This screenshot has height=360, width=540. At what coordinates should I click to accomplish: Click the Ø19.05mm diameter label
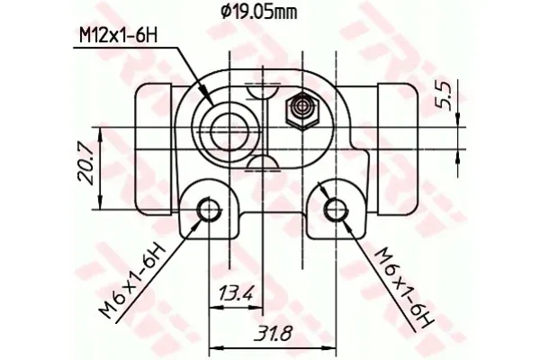click(x=259, y=12)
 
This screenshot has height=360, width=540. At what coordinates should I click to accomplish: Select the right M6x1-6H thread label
click(x=401, y=282)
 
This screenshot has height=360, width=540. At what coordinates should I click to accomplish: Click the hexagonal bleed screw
click(x=301, y=112)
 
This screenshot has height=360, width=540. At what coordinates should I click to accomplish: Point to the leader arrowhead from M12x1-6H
click(x=209, y=98)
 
